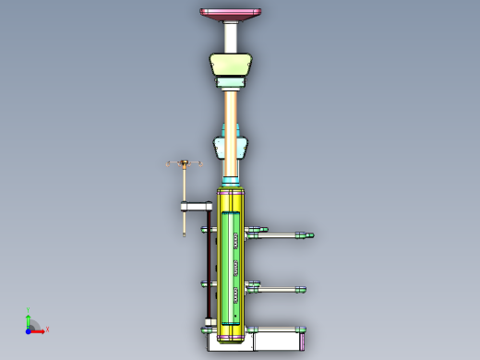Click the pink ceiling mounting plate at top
(231, 12)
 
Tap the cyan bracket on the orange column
(231, 148)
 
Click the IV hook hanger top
(185, 164)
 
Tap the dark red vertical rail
(206, 268)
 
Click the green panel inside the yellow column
(228, 268)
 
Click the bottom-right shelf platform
(277, 330)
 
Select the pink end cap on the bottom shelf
(303, 341)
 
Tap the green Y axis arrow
(30, 319)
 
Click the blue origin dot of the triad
(29, 330)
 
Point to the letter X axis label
(47, 330)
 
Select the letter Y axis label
(29, 310)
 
